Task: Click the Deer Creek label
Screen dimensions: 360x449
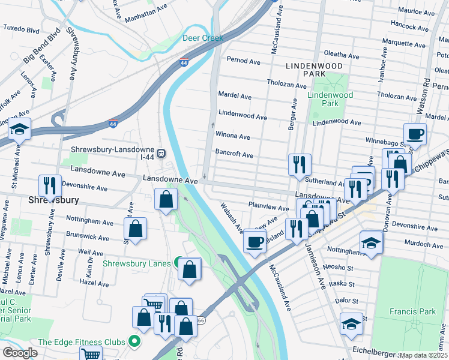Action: [203, 38]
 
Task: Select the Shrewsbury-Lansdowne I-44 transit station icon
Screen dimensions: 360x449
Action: [161, 151]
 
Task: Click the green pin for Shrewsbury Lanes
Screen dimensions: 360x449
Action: [178, 262]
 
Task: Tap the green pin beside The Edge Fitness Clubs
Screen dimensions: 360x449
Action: [134, 342]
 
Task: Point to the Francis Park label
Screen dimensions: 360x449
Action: [417, 311]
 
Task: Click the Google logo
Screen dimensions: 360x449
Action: [20, 353]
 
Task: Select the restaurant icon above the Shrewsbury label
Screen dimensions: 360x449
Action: [49, 185]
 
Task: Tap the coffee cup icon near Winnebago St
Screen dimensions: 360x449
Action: [415, 133]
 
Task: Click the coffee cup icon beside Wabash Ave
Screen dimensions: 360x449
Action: [255, 241]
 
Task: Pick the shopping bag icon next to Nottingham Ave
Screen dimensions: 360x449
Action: [136, 228]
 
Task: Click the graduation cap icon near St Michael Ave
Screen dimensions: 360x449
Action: [20, 130]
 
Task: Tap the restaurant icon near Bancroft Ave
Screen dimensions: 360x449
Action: [300, 164]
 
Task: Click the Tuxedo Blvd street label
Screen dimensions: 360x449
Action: [21, 28]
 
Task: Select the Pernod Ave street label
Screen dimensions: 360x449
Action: [243, 59]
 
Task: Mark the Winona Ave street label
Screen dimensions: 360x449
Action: [232, 136]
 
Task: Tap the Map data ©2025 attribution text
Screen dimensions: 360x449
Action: [424, 355]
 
